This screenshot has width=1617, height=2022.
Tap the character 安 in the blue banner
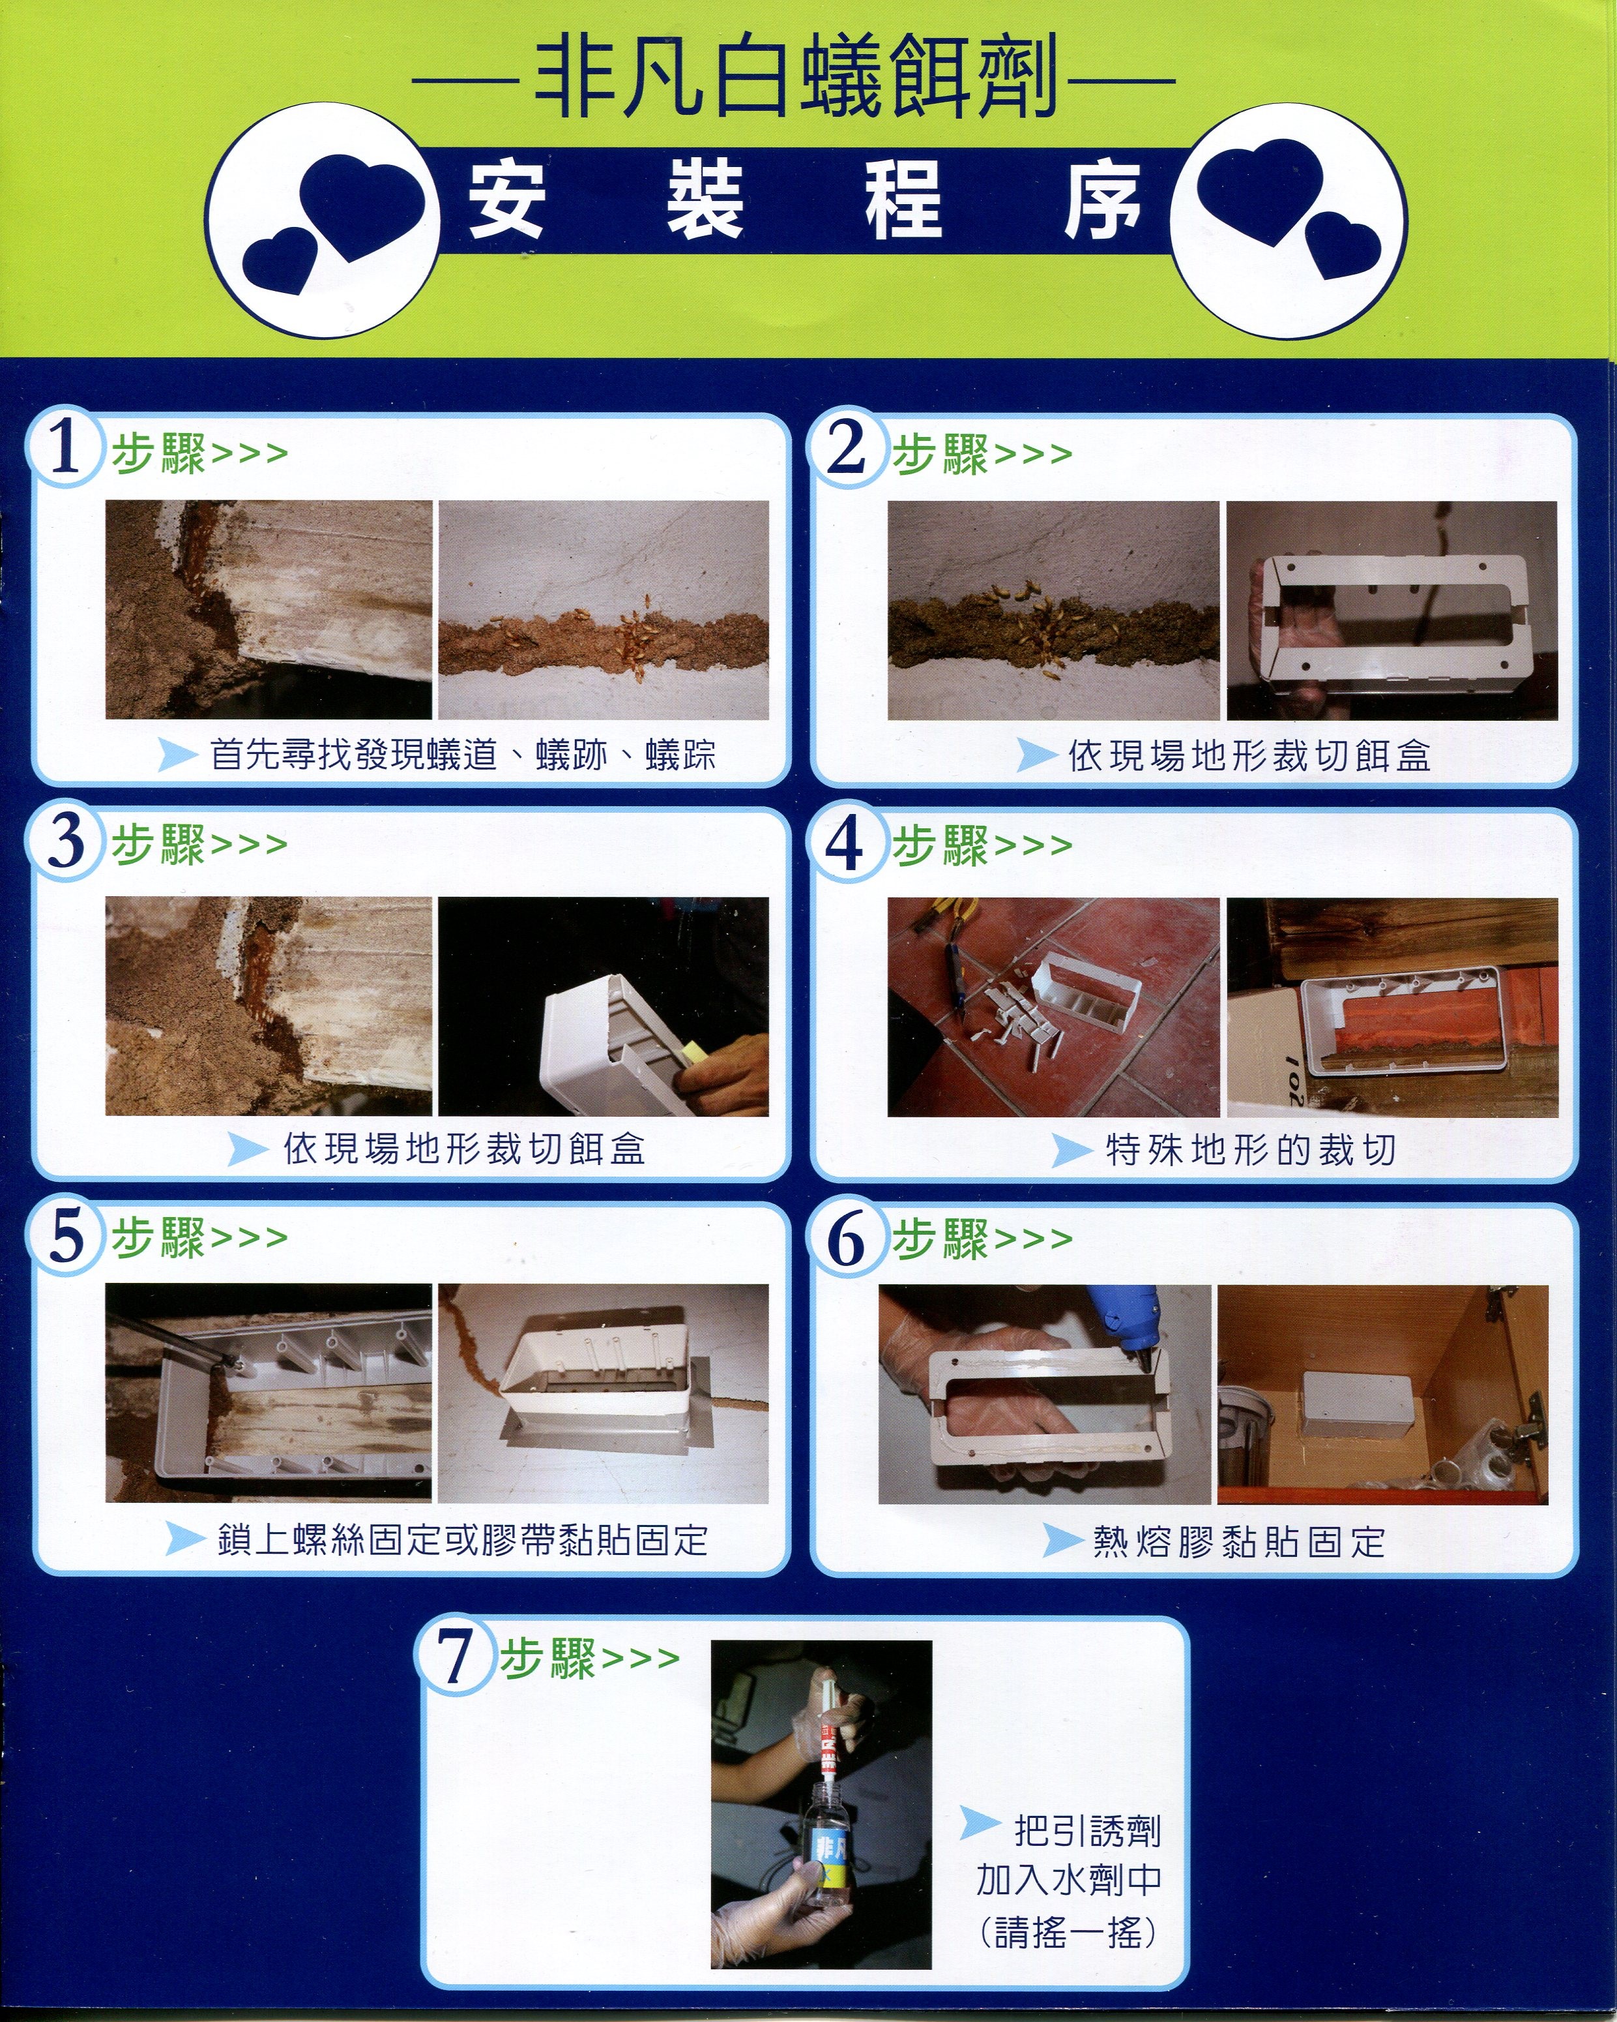(506, 200)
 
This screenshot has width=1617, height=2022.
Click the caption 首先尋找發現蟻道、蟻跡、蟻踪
(463, 755)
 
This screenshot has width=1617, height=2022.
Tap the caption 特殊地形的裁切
(1251, 1149)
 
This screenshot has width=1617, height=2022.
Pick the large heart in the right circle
(1260, 192)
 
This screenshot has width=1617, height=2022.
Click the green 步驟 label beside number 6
(940, 1238)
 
